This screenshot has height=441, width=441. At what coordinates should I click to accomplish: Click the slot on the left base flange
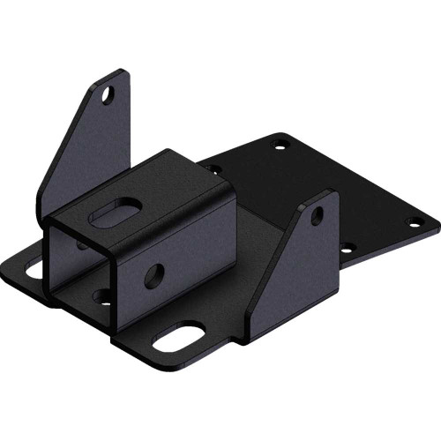33,267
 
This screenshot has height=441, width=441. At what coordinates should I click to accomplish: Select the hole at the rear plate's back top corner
280,138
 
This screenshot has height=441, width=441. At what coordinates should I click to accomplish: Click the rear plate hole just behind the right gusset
348,248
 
